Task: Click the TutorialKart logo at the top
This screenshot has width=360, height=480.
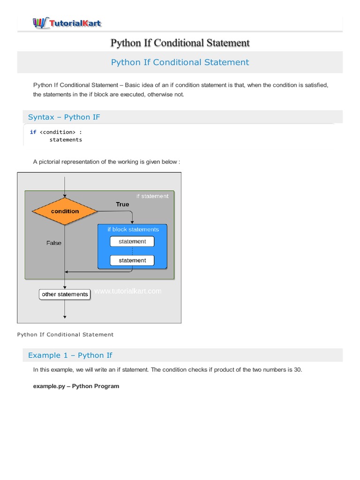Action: pos(67,22)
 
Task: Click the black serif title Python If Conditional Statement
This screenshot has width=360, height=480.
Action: pos(180,43)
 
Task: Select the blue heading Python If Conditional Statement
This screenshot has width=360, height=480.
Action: pos(180,62)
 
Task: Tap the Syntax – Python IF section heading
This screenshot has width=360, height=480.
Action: pos(64,117)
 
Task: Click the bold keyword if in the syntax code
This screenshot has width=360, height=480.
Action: pos(33,132)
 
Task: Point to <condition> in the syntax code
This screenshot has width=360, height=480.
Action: pos(57,132)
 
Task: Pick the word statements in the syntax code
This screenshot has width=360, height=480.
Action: pos(66,140)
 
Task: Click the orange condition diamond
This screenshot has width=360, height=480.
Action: pos(65,211)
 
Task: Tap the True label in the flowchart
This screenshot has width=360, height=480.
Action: pos(122,204)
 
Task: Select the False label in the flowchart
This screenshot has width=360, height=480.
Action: pos(53,243)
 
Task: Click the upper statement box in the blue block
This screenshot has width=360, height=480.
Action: pos(132,241)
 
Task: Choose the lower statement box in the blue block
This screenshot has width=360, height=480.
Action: pos(132,260)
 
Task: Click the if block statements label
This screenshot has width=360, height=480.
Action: pos(133,229)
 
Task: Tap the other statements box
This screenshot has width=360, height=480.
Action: pos(65,294)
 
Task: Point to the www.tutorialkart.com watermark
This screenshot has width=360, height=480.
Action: pos(127,291)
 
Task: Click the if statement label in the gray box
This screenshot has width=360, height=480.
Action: pos(152,196)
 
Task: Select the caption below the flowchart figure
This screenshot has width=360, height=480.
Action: pos(65,335)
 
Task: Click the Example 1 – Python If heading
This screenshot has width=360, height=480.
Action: pos(70,355)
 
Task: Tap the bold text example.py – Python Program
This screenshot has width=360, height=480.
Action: pos(76,386)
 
